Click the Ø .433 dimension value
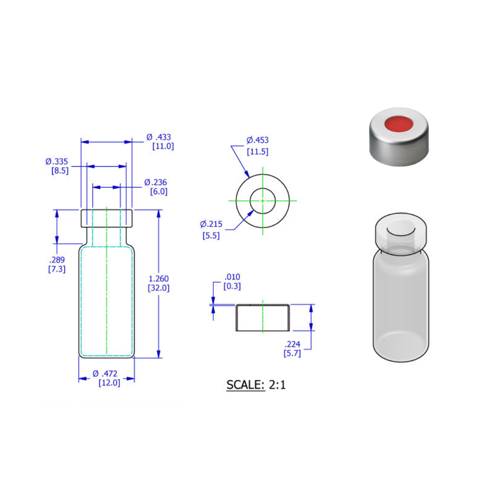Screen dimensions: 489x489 159,137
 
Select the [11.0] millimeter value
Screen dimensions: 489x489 163,146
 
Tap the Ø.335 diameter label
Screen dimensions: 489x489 57,161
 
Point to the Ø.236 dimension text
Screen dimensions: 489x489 156,182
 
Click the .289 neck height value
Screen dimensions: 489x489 57,260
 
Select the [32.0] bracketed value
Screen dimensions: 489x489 158,288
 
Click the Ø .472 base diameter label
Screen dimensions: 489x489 105,374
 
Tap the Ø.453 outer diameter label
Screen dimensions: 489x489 257,140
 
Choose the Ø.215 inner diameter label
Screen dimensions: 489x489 211,224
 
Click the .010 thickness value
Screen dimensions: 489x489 232,277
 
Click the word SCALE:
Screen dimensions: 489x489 245,385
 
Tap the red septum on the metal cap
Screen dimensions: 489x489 397,125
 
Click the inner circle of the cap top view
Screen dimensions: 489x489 263,201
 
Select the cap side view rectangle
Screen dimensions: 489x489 263,318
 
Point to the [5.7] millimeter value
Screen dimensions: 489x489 292,354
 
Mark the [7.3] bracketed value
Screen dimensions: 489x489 57,269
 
